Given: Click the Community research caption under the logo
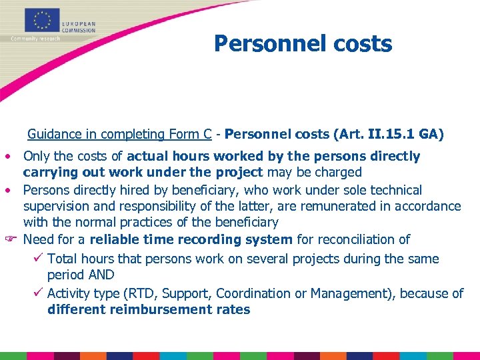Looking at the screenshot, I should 35,38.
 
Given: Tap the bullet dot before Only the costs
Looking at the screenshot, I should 7,157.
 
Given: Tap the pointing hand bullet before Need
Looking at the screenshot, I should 9,239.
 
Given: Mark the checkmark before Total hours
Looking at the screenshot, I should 39,259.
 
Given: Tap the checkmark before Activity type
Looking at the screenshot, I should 39,293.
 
